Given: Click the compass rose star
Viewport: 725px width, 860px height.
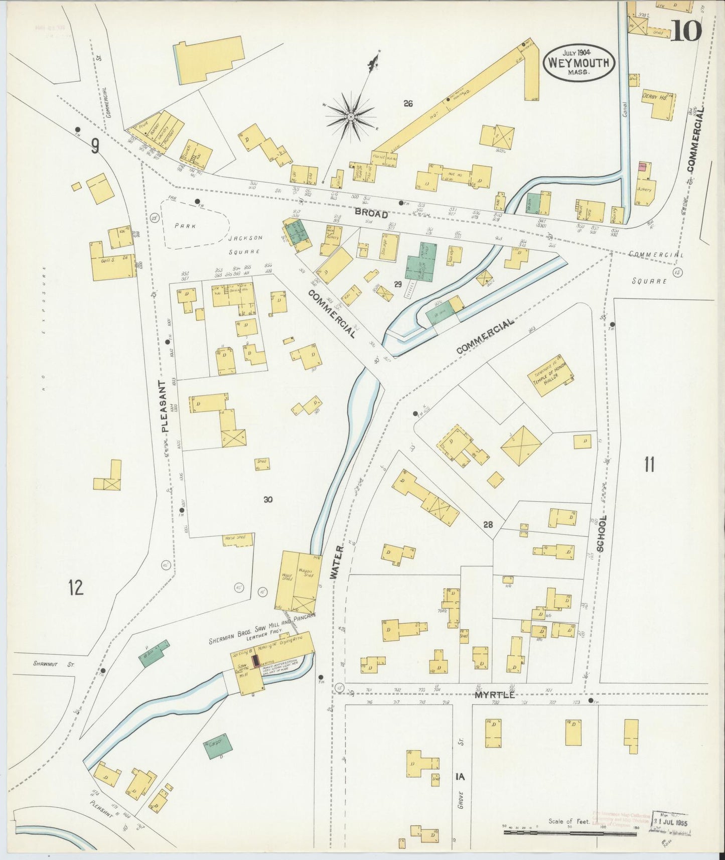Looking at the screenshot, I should (350, 117).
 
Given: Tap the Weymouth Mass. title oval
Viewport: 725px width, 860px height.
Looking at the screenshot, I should (579, 62).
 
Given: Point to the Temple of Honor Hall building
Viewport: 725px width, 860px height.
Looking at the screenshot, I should (550, 376).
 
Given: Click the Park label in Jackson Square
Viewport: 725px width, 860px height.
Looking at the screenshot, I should (185, 226).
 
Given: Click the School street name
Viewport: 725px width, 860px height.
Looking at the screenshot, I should (603, 533).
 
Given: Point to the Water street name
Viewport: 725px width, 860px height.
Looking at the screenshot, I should (337, 562).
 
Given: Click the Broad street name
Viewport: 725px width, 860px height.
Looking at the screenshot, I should (371, 214).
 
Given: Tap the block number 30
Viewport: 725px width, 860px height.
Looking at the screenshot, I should (268, 499).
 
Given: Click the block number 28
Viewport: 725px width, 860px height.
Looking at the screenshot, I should (488, 525).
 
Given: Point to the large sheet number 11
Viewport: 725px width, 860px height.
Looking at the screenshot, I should (649, 465).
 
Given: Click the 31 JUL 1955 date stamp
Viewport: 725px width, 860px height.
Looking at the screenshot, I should (670, 823).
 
